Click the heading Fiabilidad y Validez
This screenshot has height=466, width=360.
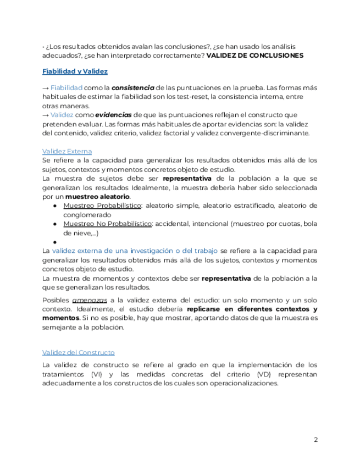tap(75, 71)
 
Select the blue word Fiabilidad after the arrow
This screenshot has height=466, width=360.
tap(67, 88)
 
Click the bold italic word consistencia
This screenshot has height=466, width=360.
tap(133, 88)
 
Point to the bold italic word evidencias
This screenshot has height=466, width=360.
tap(114, 115)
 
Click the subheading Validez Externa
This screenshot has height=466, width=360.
tap(67, 151)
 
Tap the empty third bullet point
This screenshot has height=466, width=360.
tap(56, 241)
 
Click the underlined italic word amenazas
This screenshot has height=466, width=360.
tap(90, 300)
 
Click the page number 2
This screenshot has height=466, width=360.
tap(315, 440)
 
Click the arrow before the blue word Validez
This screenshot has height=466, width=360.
tap(45, 115)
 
